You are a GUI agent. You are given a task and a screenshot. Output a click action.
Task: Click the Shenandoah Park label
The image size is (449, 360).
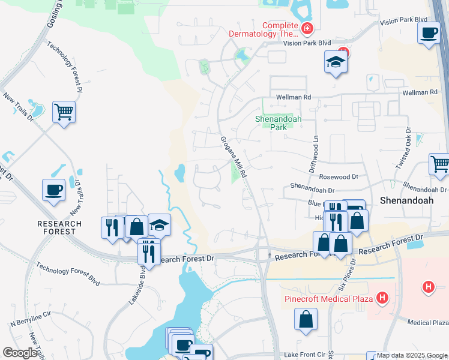coord(278,123)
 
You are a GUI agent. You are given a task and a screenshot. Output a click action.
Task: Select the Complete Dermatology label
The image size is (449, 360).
coord(264,30)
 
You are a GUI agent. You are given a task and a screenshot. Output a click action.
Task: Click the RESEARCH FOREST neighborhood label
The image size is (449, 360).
coord(59,227)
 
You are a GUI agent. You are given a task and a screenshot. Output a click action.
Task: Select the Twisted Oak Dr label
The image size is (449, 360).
coord(408,146)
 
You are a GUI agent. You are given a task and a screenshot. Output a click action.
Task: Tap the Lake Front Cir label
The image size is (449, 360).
coord(304,355)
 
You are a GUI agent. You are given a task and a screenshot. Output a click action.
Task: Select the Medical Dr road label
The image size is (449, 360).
coord(428,322)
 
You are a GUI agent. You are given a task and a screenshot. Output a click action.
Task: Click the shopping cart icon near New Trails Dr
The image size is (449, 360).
coord(64,112)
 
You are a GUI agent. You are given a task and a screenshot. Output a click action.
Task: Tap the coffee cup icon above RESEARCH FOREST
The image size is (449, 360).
coord(53,190)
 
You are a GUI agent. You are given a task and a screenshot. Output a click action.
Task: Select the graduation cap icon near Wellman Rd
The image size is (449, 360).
coord(336,61)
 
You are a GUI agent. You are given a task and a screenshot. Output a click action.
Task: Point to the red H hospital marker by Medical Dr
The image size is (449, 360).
coord(428,287)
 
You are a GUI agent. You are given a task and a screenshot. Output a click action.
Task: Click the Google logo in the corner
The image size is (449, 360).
coord(20,353)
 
